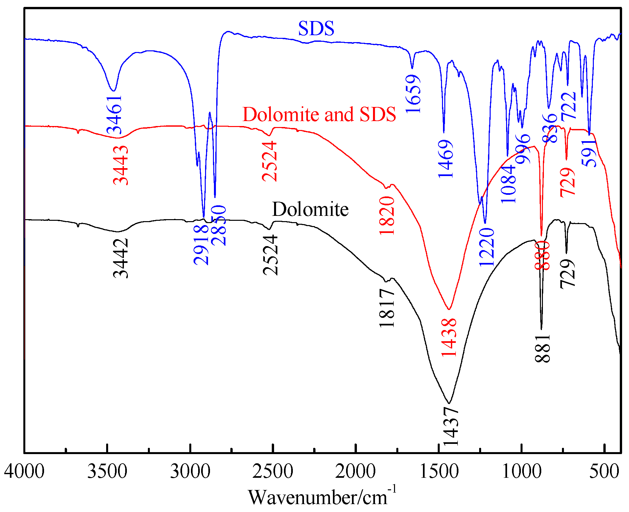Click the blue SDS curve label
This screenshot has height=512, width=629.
(x=316, y=28)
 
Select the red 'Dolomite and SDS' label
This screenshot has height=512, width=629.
(x=319, y=115)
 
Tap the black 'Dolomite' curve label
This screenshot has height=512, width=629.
(x=310, y=209)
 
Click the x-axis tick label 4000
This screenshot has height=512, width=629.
(x=24, y=472)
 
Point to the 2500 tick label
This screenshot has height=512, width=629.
(x=272, y=472)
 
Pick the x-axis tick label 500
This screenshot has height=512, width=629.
(x=604, y=472)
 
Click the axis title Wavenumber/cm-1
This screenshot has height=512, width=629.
(x=322, y=497)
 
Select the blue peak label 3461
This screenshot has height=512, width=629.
(x=115, y=115)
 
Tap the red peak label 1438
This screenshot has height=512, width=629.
(x=449, y=337)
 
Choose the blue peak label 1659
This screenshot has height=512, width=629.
(x=413, y=94)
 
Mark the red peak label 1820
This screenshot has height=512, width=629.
(x=387, y=216)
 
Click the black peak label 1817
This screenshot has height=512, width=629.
(x=387, y=308)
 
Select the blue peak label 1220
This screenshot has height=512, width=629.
(x=487, y=247)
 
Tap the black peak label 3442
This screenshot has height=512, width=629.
(x=121, y=258)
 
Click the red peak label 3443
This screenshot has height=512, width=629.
(x=121, y=165)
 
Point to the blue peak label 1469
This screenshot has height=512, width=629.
(x=446, y=159)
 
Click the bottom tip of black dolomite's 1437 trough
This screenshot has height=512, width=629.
(x=449, y=403)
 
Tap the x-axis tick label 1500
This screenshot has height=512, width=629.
(x=439, y=472)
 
